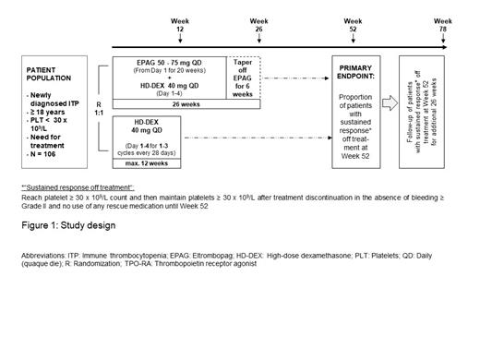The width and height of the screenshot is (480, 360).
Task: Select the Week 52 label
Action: (x=353, y=26)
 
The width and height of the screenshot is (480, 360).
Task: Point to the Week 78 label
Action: (x=444, y=26)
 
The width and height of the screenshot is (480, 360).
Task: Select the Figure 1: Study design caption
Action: (x=65, y=226)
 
